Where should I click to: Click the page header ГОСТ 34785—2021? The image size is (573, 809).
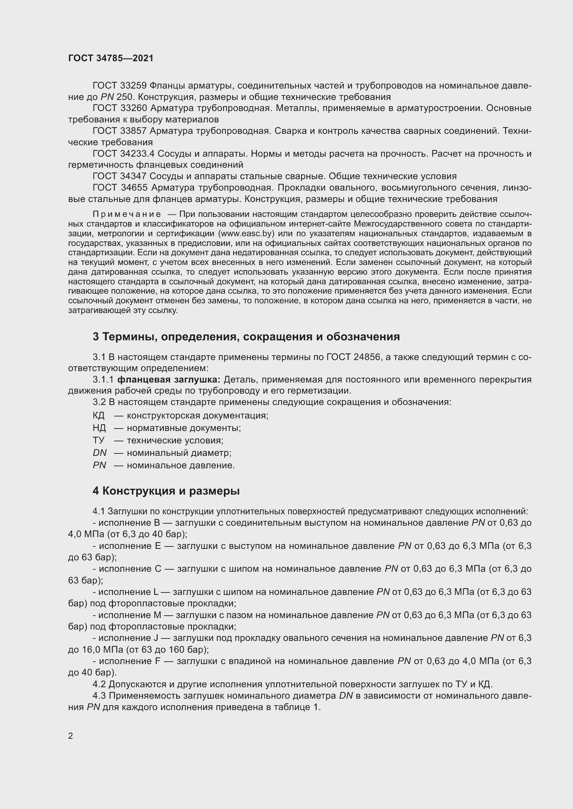point(111,58)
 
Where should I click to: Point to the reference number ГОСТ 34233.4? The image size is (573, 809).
point(123,154)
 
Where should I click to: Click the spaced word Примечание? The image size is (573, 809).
point(127,214)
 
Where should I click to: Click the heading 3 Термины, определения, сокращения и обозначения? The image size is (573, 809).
point(246,337)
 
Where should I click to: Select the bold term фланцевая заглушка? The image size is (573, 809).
point(169,379)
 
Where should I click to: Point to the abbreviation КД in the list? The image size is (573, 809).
point(99,415)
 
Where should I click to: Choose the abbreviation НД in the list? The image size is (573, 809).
point(99,428)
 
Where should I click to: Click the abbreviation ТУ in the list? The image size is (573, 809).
point(98,440)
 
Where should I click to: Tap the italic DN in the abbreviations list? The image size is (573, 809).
point(99,453)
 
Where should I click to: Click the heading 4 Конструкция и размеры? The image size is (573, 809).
point(166,491)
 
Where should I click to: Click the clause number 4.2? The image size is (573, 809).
point(99,684)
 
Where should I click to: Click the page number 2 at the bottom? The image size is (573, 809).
point(71,736)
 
